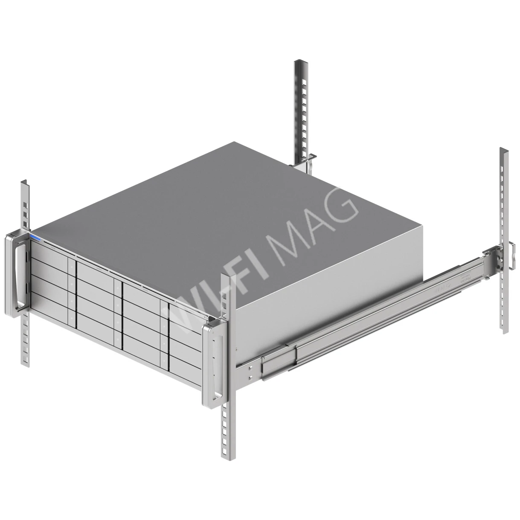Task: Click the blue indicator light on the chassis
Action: (x=35, y=238)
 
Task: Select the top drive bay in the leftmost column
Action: (x=49, y=252)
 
